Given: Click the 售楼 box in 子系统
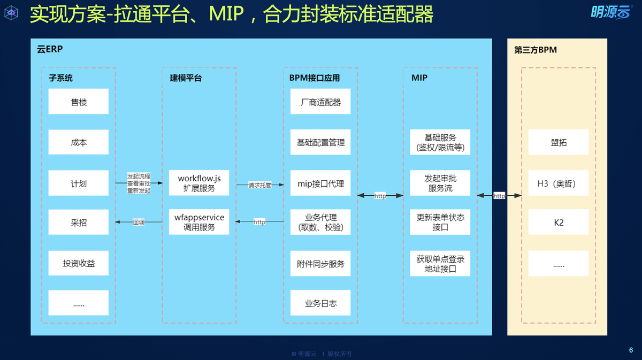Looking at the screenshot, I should [79, 102].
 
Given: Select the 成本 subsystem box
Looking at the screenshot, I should [79, 142].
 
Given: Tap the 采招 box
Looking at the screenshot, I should [79, 223].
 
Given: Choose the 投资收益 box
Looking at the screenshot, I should [79, 263].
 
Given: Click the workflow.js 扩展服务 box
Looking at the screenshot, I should [199, 183].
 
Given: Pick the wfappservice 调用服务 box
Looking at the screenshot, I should [199, 222].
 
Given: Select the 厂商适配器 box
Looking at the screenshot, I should [320, 102].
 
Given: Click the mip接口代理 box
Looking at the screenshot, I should [320, 183].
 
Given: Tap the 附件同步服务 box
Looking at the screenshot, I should [320, 263].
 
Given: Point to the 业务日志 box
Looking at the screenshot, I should [320, 303].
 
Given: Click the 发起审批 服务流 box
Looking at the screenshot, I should [440, 183].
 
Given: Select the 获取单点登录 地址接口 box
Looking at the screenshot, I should [440, 264].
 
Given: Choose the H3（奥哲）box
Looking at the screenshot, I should [559, 183].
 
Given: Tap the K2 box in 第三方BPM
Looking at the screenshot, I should [559, 223].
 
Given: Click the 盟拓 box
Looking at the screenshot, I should [559, 142].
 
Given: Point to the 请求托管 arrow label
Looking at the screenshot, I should [259, 186].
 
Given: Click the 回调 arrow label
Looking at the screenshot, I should [139, 222].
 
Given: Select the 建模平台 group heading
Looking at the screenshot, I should [182, 78].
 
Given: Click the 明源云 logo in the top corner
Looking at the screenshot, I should [610, 12].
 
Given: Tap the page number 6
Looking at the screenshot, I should [631, 350].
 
